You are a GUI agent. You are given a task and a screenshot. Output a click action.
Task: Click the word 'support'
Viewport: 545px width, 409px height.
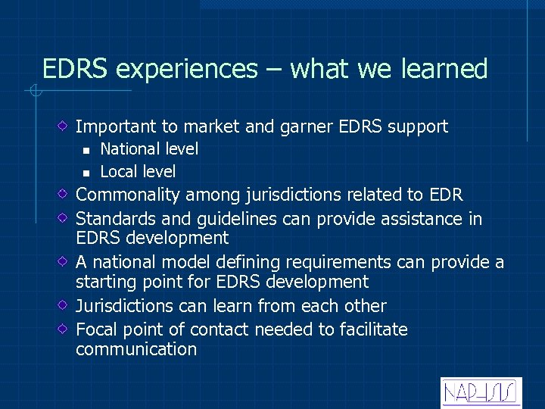coord(418,126)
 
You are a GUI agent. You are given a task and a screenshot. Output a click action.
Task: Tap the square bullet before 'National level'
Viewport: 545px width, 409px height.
coord(87,150)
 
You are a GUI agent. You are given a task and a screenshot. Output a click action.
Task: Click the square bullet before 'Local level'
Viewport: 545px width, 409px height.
coord(87,173)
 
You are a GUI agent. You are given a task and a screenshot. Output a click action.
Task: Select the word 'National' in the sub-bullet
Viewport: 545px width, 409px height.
coord(129,149)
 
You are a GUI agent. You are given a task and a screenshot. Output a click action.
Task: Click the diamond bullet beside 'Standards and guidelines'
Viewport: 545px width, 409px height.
coord(64,219)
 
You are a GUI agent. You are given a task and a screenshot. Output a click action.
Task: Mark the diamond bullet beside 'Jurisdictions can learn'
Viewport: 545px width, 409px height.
coord(64,306)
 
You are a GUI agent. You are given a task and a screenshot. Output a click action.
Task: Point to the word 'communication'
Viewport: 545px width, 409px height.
coord(136,349)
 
